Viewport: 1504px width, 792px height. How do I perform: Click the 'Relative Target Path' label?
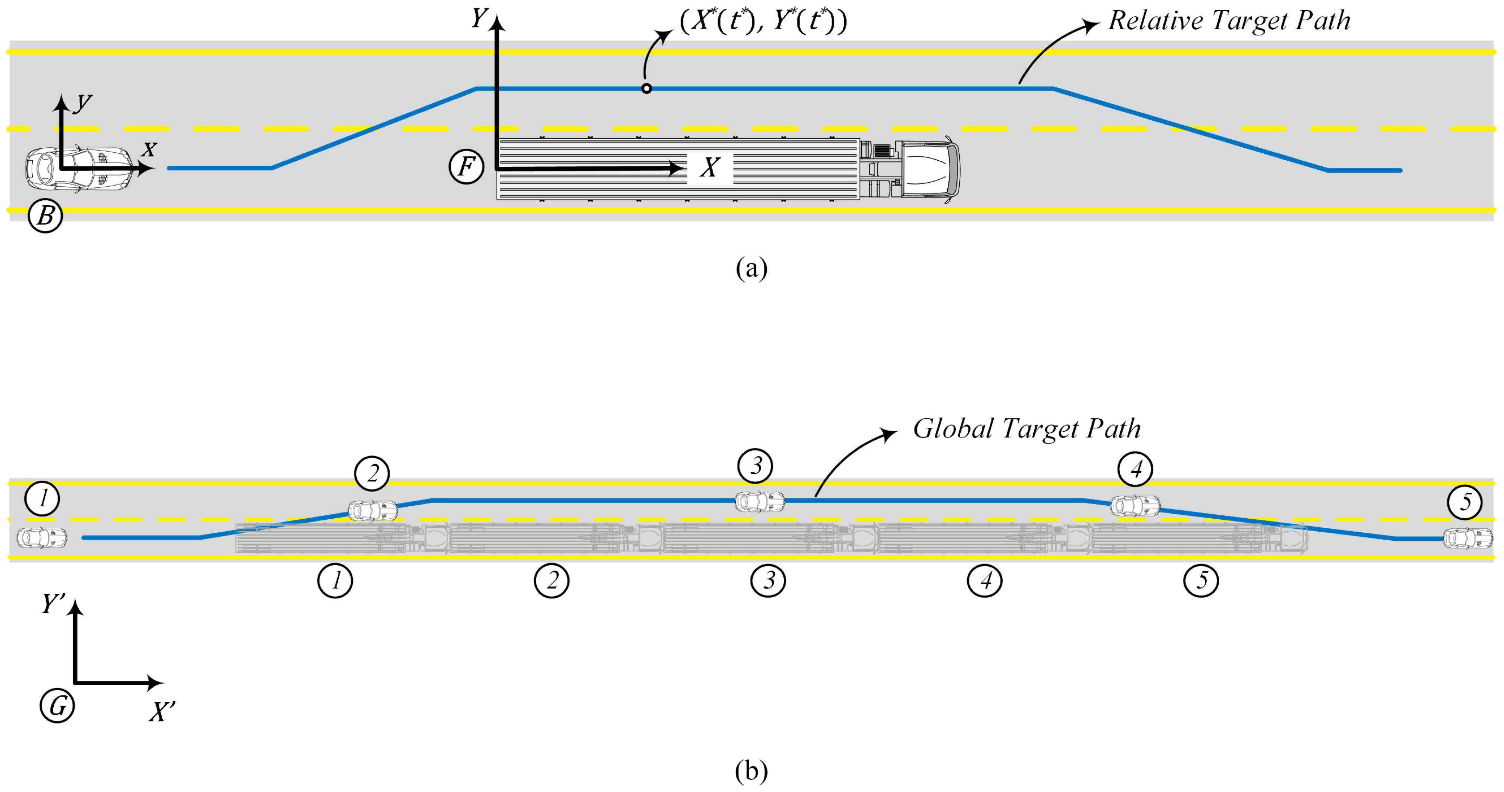(x=1229, y=21)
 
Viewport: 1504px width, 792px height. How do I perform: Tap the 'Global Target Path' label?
(x=1026, y=429)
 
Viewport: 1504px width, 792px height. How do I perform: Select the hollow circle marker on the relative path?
(x=646, y=89)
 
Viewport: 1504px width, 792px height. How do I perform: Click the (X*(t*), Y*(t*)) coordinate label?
(x=763, y=21)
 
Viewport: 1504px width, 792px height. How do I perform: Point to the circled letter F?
(x=466, y=167)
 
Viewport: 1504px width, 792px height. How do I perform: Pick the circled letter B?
(x=45, y=216)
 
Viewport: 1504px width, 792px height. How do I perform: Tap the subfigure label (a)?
(x=751, y=268)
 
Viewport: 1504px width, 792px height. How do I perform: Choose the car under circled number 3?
(x=759, y=502)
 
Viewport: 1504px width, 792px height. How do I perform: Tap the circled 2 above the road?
(x=372, y=473)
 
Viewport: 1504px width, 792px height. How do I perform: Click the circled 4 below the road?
(x=985, y=581)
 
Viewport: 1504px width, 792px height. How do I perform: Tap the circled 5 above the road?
(x=1464, y=502)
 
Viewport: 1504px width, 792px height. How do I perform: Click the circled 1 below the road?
(x=335, y=581)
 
